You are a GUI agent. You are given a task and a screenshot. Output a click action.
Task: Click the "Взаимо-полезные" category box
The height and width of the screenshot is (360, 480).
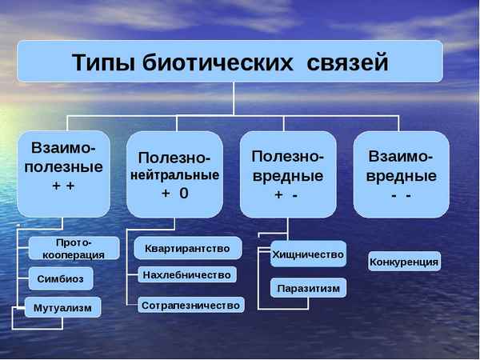63,173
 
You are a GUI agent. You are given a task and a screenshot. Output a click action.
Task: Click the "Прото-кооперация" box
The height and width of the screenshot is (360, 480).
74,249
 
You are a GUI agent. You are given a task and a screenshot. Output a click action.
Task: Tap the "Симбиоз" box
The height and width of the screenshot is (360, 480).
60,278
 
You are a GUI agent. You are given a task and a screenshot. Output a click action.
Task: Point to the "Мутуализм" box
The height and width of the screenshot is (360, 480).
63,307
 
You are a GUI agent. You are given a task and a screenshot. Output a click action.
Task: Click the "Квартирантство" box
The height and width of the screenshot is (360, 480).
187,249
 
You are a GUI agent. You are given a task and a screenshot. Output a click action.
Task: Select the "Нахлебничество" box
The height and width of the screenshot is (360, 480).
187,275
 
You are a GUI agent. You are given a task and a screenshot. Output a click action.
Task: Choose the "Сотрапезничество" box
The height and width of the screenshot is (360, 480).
190,305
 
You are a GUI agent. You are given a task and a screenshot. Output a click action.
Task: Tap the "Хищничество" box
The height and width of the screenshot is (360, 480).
308,254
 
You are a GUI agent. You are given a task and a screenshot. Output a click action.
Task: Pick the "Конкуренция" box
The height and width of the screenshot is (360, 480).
404,262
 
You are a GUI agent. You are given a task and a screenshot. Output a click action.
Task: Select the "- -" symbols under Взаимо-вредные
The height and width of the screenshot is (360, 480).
401,195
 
